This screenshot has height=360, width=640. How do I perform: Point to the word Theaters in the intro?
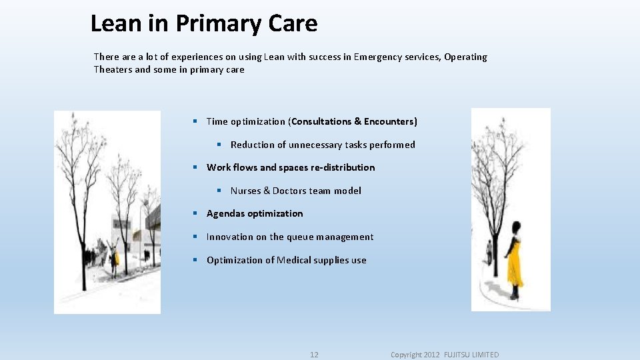point(113,69)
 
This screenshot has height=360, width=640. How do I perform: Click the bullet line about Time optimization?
point(311,121)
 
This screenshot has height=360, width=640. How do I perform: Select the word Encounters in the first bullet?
point(390,121)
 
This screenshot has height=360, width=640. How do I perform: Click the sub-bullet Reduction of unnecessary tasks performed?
point(323,145)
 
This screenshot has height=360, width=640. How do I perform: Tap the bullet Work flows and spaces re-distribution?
point(291,167)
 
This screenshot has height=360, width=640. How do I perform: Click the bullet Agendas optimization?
point(255,213)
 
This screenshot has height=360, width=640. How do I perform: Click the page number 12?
point(314,355)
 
